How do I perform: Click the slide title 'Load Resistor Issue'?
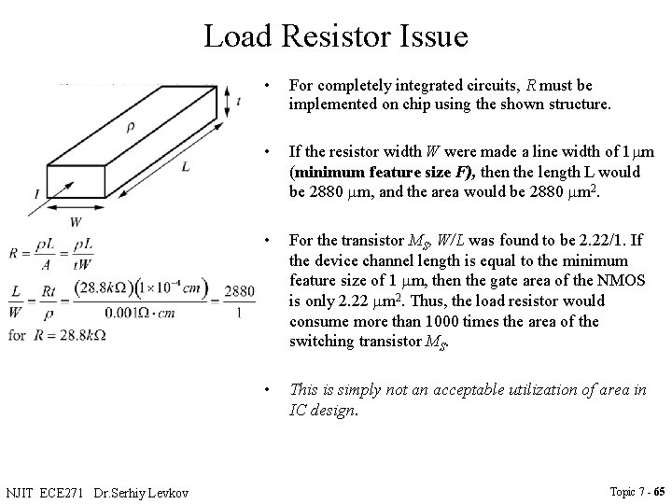click(x=335, y=36)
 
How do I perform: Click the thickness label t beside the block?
click(x=240, y=102)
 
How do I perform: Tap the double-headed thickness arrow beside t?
click(x=224, y=102)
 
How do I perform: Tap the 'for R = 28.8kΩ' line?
click(x=57, y=334)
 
